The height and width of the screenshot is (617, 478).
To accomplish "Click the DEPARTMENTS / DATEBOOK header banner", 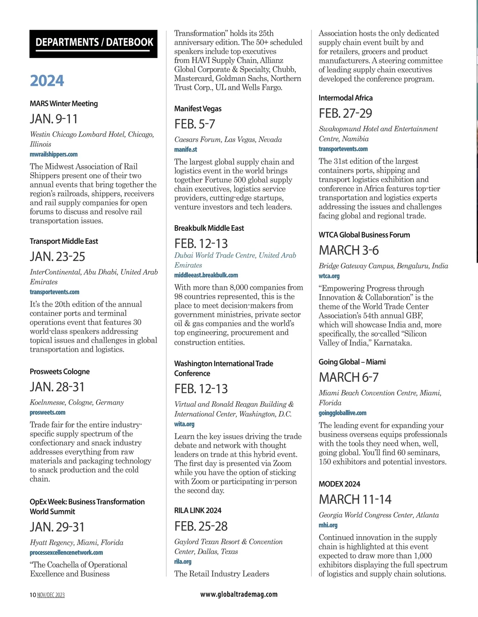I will (x=94, y=43).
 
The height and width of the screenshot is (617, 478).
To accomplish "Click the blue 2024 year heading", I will (x=47, y=81).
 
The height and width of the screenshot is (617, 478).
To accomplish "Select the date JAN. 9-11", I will (x=54, y=119).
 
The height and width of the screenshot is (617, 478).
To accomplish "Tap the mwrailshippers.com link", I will (x=54, y=154).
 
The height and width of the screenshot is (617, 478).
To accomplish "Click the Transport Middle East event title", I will (x=64, y=241).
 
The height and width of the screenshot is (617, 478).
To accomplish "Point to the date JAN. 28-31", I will (x=57, y=387).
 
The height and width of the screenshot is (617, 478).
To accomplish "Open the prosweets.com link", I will (x=47, y=413).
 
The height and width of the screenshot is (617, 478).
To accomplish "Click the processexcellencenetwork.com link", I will (x=66, y=553).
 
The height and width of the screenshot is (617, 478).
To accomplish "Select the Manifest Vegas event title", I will (x=198, y=109).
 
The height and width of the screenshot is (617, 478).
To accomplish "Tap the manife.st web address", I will (x=186, y=150).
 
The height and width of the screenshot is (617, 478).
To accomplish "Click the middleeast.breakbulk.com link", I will (x=206, y=275).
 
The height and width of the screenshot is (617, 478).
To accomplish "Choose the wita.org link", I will (x=184, y=424).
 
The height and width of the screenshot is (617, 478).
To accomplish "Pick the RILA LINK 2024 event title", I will (x=198, y=510).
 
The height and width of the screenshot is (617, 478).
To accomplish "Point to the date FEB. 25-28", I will (x=201, y=526).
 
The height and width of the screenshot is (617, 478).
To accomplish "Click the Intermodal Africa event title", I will (x=345, y=98).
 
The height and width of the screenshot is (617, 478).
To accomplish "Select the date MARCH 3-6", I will (x=349, y=250).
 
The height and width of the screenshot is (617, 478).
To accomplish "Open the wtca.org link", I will (x=329, y=276).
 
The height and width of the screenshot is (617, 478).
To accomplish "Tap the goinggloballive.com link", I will (x=343, y=413).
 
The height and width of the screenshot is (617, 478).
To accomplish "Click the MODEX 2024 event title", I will (x=339, y=484).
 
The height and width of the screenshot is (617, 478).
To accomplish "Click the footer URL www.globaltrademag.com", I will (x=239, y=594).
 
